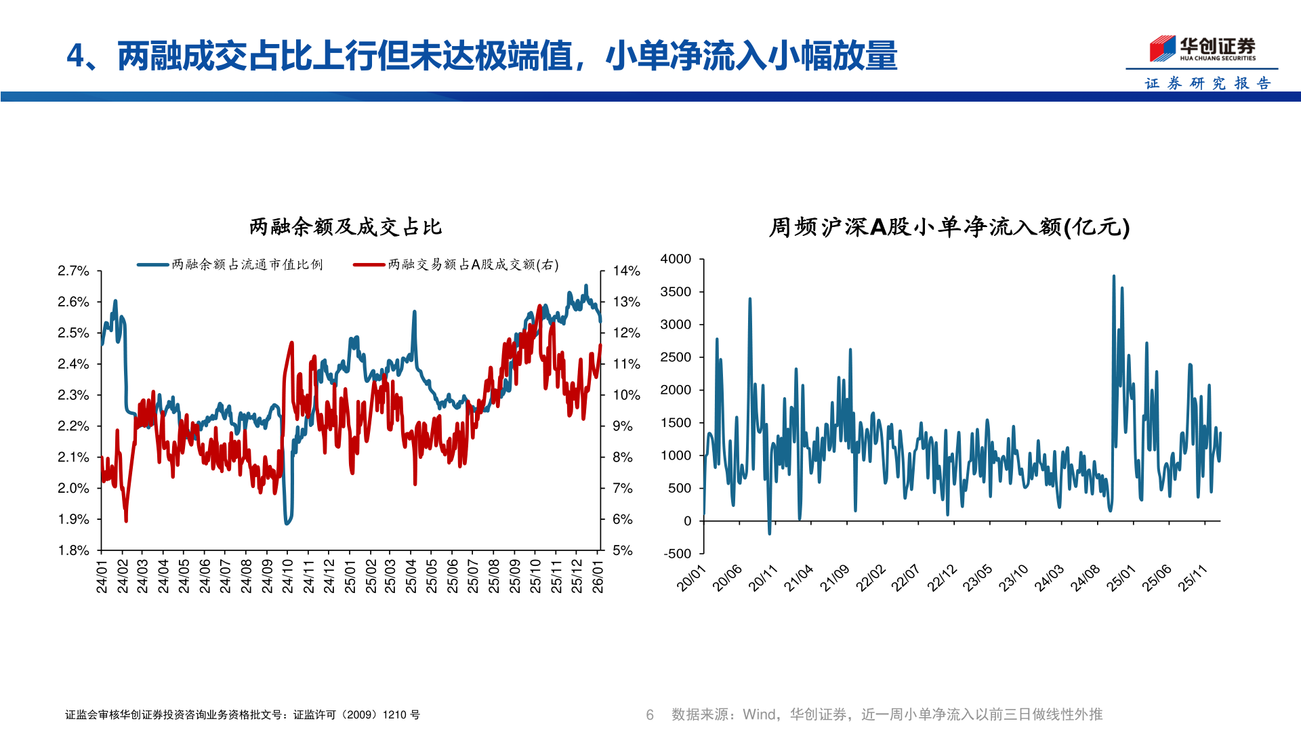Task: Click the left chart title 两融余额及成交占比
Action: [x=346, y=227]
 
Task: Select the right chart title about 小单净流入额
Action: [x=949, y=227]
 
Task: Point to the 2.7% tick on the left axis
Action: [x=73, y=271]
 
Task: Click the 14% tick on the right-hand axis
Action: [x=626, y=271]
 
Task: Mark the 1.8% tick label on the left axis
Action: [x=73, y=550]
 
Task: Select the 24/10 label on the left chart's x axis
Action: [x=287, y=576]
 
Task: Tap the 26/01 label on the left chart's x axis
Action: [x=598, y=576]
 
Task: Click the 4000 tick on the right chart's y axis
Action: [x=676, y=259]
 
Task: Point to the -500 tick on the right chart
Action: [x=678, y=554]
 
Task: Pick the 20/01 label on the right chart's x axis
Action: [x=691, y=578]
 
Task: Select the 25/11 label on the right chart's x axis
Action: [x=1193, y=578]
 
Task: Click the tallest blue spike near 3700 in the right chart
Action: [x=1113, y=277]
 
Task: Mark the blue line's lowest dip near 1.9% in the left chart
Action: [x=287, y=523]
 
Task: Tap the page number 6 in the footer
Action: [x=650, y=714]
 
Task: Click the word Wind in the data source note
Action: [x=759, y=714]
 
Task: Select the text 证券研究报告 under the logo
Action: [x=1207, y=83]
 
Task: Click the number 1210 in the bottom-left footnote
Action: [x=394, y=714]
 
